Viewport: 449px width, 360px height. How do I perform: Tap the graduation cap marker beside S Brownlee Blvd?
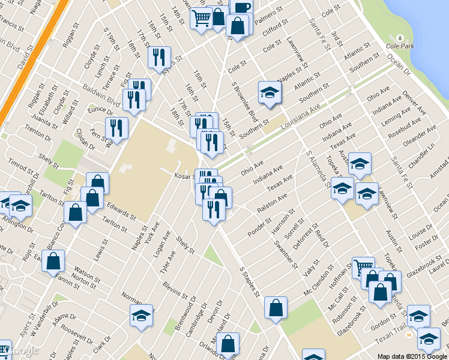point(270,92)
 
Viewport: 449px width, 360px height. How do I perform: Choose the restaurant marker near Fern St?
point(116,128)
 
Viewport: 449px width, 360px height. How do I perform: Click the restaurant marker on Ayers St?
point(159,57)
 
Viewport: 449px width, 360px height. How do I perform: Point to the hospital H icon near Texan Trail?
point(409,334)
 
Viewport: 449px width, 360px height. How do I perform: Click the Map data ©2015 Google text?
point(412,356)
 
